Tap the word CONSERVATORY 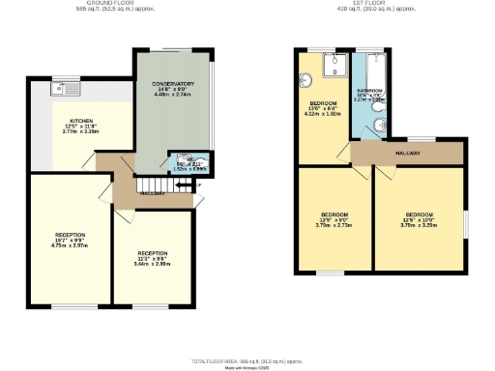pos(174,84)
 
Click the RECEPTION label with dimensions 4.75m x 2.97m pos(70,235)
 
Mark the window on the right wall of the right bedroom pos(466,220)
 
